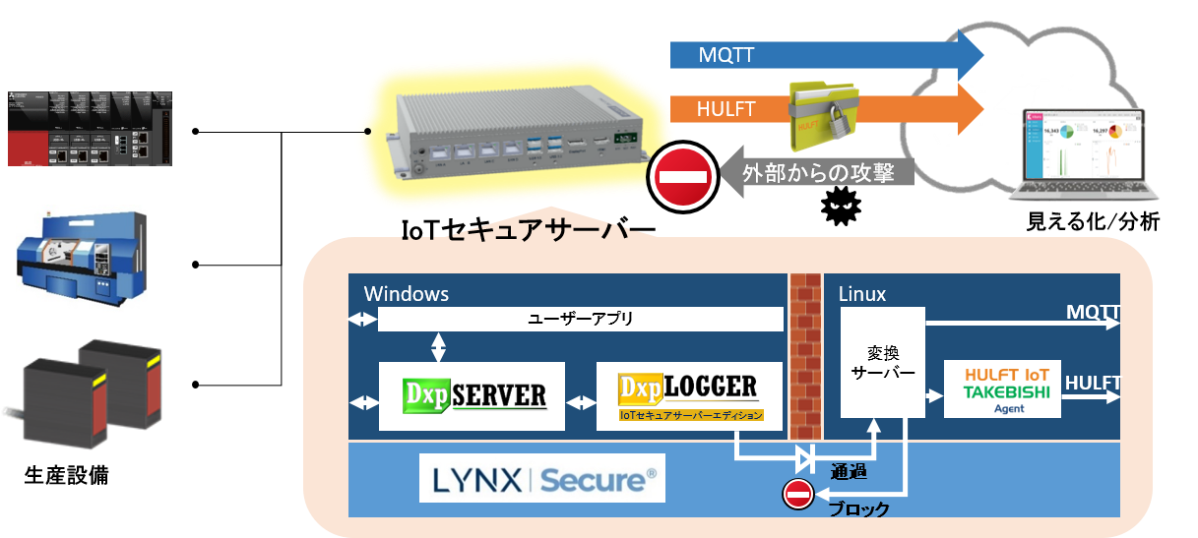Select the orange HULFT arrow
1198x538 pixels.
(x=728, y=109)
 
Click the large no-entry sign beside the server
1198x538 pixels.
(x=681, y=177)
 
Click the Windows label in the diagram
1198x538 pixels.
(x=407, y=294)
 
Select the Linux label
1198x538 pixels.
(x=861, y=294)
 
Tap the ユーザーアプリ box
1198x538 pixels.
(x=581, y=320)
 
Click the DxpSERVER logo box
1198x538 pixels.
(x=472, y=395)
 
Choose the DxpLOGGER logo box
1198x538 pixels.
(x=689, y=395)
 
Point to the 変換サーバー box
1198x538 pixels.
(x=882, y=361)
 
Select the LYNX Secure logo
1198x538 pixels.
(x=541, y=479)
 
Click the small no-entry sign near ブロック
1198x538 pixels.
(x=797, y=495)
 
